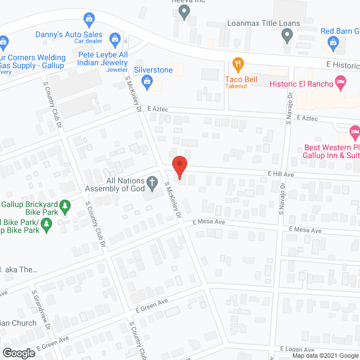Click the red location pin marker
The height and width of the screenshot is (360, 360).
tap(179, 167)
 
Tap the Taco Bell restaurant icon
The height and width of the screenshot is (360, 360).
tap(238, 64)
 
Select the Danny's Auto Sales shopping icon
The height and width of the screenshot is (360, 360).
tap(88, 21)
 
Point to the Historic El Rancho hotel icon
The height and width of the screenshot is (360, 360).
tap(340, 83)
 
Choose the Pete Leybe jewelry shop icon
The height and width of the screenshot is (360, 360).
tap(115, 39)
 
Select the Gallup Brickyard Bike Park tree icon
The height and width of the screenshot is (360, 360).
tap(65, 207)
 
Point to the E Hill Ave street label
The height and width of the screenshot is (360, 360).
tap(281, 174)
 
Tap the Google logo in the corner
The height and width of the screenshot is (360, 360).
tap(19, 353)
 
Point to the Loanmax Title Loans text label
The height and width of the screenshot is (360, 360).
tap(264, 24)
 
